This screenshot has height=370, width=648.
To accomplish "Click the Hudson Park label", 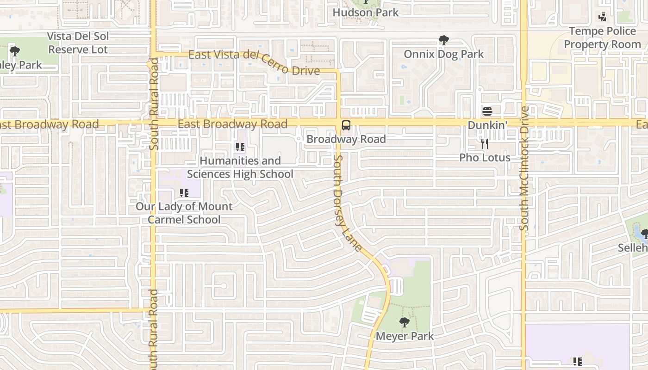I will tap(366, 12).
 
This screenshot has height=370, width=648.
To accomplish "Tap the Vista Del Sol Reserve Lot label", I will tap(78, 43).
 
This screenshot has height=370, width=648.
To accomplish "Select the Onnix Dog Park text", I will tap(443, 54).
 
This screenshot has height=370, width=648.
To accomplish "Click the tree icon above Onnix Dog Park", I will tap(443, 40).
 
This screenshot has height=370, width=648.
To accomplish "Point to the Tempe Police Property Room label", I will tap(602, 38).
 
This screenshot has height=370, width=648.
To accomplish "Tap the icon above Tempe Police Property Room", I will tap(602, 17).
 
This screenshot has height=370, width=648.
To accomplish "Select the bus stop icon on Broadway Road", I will tap(346, 125).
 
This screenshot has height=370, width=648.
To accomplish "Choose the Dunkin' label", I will tap(487, 125).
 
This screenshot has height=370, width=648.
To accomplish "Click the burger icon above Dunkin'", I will tap(487, 111).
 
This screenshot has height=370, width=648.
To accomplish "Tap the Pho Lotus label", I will tap(485, 158).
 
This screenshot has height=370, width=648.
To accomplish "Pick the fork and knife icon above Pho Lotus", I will tap(484, 144).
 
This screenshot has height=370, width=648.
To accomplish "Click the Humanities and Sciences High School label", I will tap(240, 167).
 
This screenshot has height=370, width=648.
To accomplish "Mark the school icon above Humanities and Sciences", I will tap(240, 148).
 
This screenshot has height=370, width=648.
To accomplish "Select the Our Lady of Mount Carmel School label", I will tap(184, 213).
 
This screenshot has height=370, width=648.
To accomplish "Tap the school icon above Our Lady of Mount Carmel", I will tap(184, 192).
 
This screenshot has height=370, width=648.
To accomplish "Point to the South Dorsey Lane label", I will tap(347, 203).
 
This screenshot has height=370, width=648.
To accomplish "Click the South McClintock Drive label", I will tap(524, 169).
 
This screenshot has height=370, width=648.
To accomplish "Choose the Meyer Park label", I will tap(405, 336).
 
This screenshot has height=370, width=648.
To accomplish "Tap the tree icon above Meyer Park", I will tap(405, 322).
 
